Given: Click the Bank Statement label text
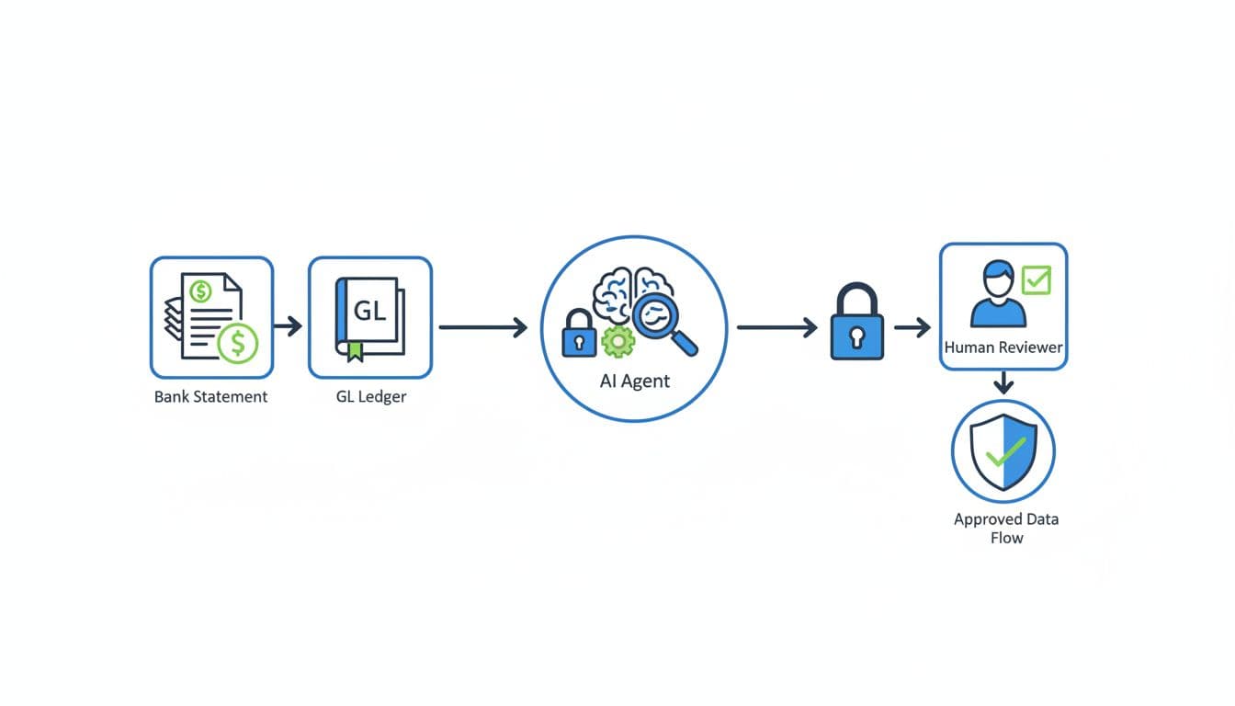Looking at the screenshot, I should [x=211, y=397].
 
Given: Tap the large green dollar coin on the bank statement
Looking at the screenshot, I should [x=239, y=344].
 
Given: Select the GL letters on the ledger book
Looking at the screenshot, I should [x=369, y=311].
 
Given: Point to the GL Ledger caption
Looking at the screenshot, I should [x=370, y=397].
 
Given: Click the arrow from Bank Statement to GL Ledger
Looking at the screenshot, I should [x=289, y=326].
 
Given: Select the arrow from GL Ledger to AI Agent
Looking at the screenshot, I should [x=483, y=326].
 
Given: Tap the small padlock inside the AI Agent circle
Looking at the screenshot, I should [x=579, y=334].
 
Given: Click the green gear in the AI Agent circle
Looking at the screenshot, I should [x=617, y=342].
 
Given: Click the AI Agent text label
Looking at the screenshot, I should [x=635, y=381].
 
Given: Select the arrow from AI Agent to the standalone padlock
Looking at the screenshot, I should [x=777, y=326].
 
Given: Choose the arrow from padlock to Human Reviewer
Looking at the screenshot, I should [x=912, y=326].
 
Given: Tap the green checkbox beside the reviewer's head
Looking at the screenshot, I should [x=1037, y=279].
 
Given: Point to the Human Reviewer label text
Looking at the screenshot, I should [x=1003, y=348].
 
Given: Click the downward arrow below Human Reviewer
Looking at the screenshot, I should [x=1004, y=382].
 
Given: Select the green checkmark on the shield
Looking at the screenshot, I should [x=1004, y=451].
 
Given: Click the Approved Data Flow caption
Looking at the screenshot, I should [x=1006, y=529].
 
